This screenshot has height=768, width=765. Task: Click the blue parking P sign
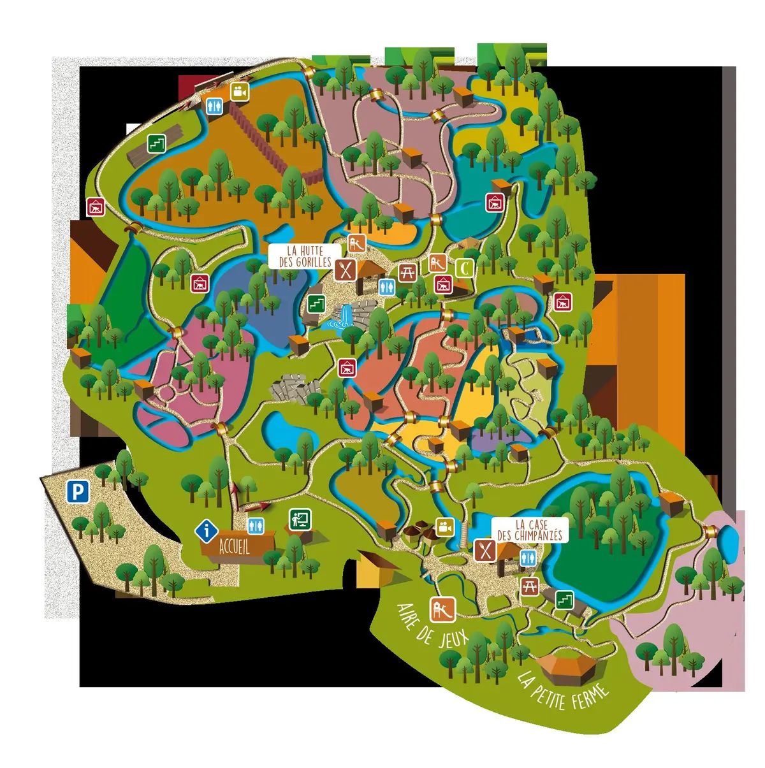(78, 492)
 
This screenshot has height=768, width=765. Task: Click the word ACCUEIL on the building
(234, 546)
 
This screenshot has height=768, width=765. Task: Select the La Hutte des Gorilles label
(305, 256)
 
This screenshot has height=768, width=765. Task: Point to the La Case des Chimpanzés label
(530, 530)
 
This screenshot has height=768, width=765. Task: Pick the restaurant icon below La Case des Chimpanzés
(486, 549)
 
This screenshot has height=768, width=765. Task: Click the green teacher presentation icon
(299, 519)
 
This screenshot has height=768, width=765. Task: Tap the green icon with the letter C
(465, 268)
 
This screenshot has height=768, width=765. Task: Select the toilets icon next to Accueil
(256, 525)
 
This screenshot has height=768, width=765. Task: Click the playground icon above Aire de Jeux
(442, 609)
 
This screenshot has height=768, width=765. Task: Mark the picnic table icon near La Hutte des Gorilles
(408, 273)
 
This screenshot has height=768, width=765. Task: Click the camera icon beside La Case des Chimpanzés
(445, 528)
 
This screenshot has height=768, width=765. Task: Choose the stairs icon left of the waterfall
(316, 304)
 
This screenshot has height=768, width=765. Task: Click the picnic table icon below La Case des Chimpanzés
(530, 586)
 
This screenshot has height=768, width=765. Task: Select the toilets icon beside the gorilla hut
(386, 287)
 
